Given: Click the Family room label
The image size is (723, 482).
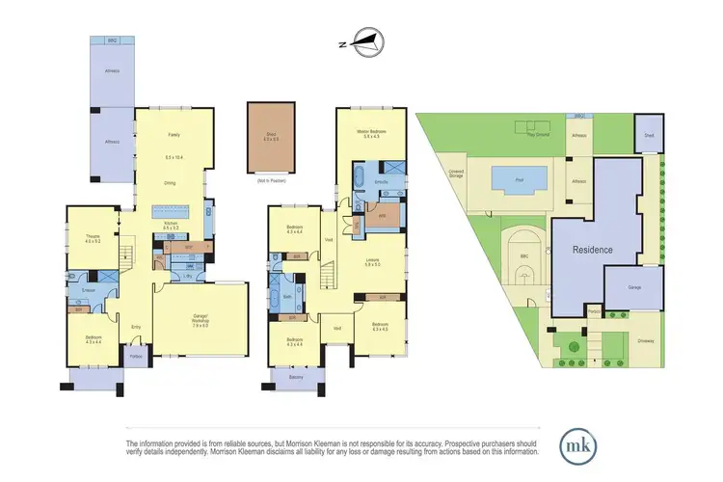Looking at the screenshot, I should pos(174,135).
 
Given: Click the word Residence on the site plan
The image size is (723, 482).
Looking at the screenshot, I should pos(593,249).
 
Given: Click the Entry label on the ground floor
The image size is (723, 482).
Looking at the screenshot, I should pos(136,328).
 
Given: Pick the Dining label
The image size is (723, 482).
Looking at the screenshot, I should pos(174,181).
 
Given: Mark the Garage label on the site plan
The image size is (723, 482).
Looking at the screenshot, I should pos(633,287).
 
